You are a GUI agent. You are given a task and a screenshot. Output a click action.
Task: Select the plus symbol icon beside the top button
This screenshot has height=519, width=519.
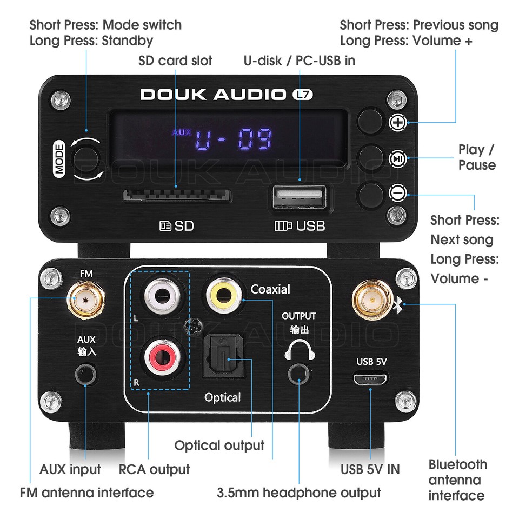(397, 123)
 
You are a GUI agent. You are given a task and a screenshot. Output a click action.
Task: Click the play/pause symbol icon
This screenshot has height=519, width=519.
(397, 158)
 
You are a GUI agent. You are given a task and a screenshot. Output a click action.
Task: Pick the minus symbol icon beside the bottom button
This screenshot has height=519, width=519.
(397, 192)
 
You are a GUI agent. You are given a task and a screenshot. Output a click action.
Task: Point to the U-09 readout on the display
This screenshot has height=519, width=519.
(234, 140)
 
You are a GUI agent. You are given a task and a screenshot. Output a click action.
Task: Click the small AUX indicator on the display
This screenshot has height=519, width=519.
(182, 132)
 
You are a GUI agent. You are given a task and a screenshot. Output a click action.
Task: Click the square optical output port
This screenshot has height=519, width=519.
(223, 358)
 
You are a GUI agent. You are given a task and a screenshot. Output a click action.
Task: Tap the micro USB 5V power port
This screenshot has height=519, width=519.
(370, 378)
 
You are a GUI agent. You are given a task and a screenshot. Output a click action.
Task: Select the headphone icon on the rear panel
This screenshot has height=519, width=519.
(299, 350)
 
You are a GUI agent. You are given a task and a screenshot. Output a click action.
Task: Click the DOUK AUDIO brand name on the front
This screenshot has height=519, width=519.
(213, 95)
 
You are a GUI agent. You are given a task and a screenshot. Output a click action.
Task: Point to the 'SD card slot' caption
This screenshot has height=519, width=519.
(175, 61)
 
